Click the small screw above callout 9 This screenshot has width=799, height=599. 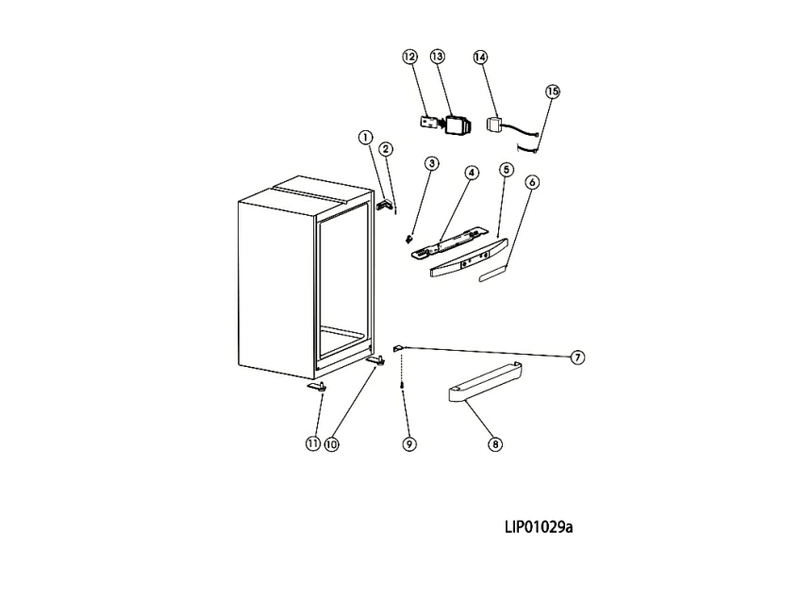404,384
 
